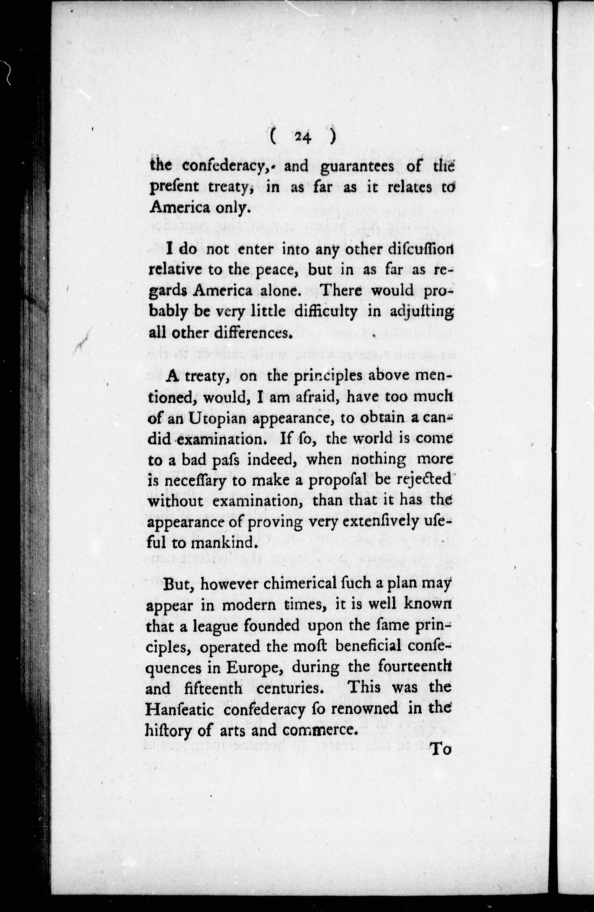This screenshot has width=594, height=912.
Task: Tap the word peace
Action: pos(274,270)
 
